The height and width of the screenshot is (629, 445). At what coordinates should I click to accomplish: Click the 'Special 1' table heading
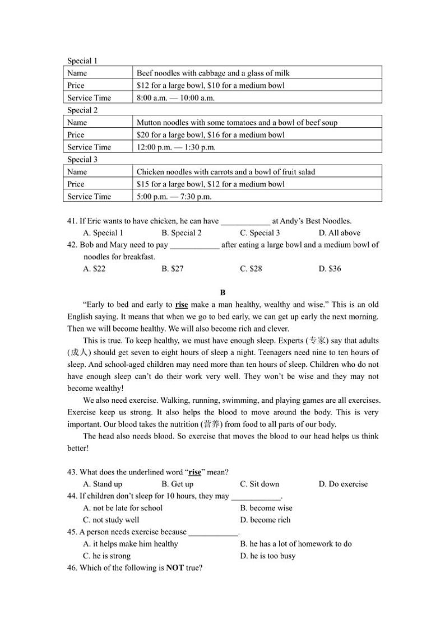coord(82,60)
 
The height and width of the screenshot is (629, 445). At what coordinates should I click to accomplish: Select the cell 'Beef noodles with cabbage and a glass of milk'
coord(213,73)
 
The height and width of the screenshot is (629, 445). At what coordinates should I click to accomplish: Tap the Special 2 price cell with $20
coord(210,134)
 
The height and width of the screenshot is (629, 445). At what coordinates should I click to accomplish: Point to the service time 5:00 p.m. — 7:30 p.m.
coord(174,197)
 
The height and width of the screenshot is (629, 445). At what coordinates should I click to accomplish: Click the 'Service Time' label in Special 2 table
coord(89,147)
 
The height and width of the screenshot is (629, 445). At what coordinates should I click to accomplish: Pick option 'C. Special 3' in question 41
coord(259,233)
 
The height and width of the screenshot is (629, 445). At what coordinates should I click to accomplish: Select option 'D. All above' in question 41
coord(339,233)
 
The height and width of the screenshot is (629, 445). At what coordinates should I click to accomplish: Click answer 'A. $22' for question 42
coord(94,269)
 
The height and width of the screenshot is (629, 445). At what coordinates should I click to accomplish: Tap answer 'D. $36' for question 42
coord(330,269)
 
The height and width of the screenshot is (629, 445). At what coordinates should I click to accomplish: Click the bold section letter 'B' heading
coord(222,292)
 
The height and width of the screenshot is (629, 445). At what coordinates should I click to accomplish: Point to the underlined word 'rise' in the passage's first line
coord(182,305)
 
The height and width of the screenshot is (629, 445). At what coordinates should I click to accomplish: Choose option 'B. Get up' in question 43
coord(177,484)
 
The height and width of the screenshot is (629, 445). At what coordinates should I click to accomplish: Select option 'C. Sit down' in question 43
coord(259,484)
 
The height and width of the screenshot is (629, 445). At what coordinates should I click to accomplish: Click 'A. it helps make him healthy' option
coord(130,544)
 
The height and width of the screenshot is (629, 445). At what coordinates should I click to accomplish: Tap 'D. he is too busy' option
coord(267,556)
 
